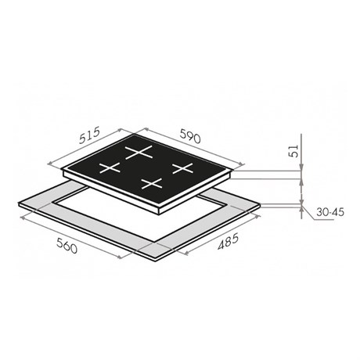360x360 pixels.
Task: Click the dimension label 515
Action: pos(89,135)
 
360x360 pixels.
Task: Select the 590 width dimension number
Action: pos(190,136)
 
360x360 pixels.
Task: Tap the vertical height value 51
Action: pos(293,151)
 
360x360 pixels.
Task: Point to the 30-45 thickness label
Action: pos(330,212)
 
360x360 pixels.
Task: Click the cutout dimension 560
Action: pos(67,246)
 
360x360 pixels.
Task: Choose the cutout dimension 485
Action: pos(229,241)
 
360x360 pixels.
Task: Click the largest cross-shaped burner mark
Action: pos(139,152)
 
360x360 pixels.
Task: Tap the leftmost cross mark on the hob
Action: pos(110,167)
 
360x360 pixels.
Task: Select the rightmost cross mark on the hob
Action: pos(182,168)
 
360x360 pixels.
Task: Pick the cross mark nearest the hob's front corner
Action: pos(152,183)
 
